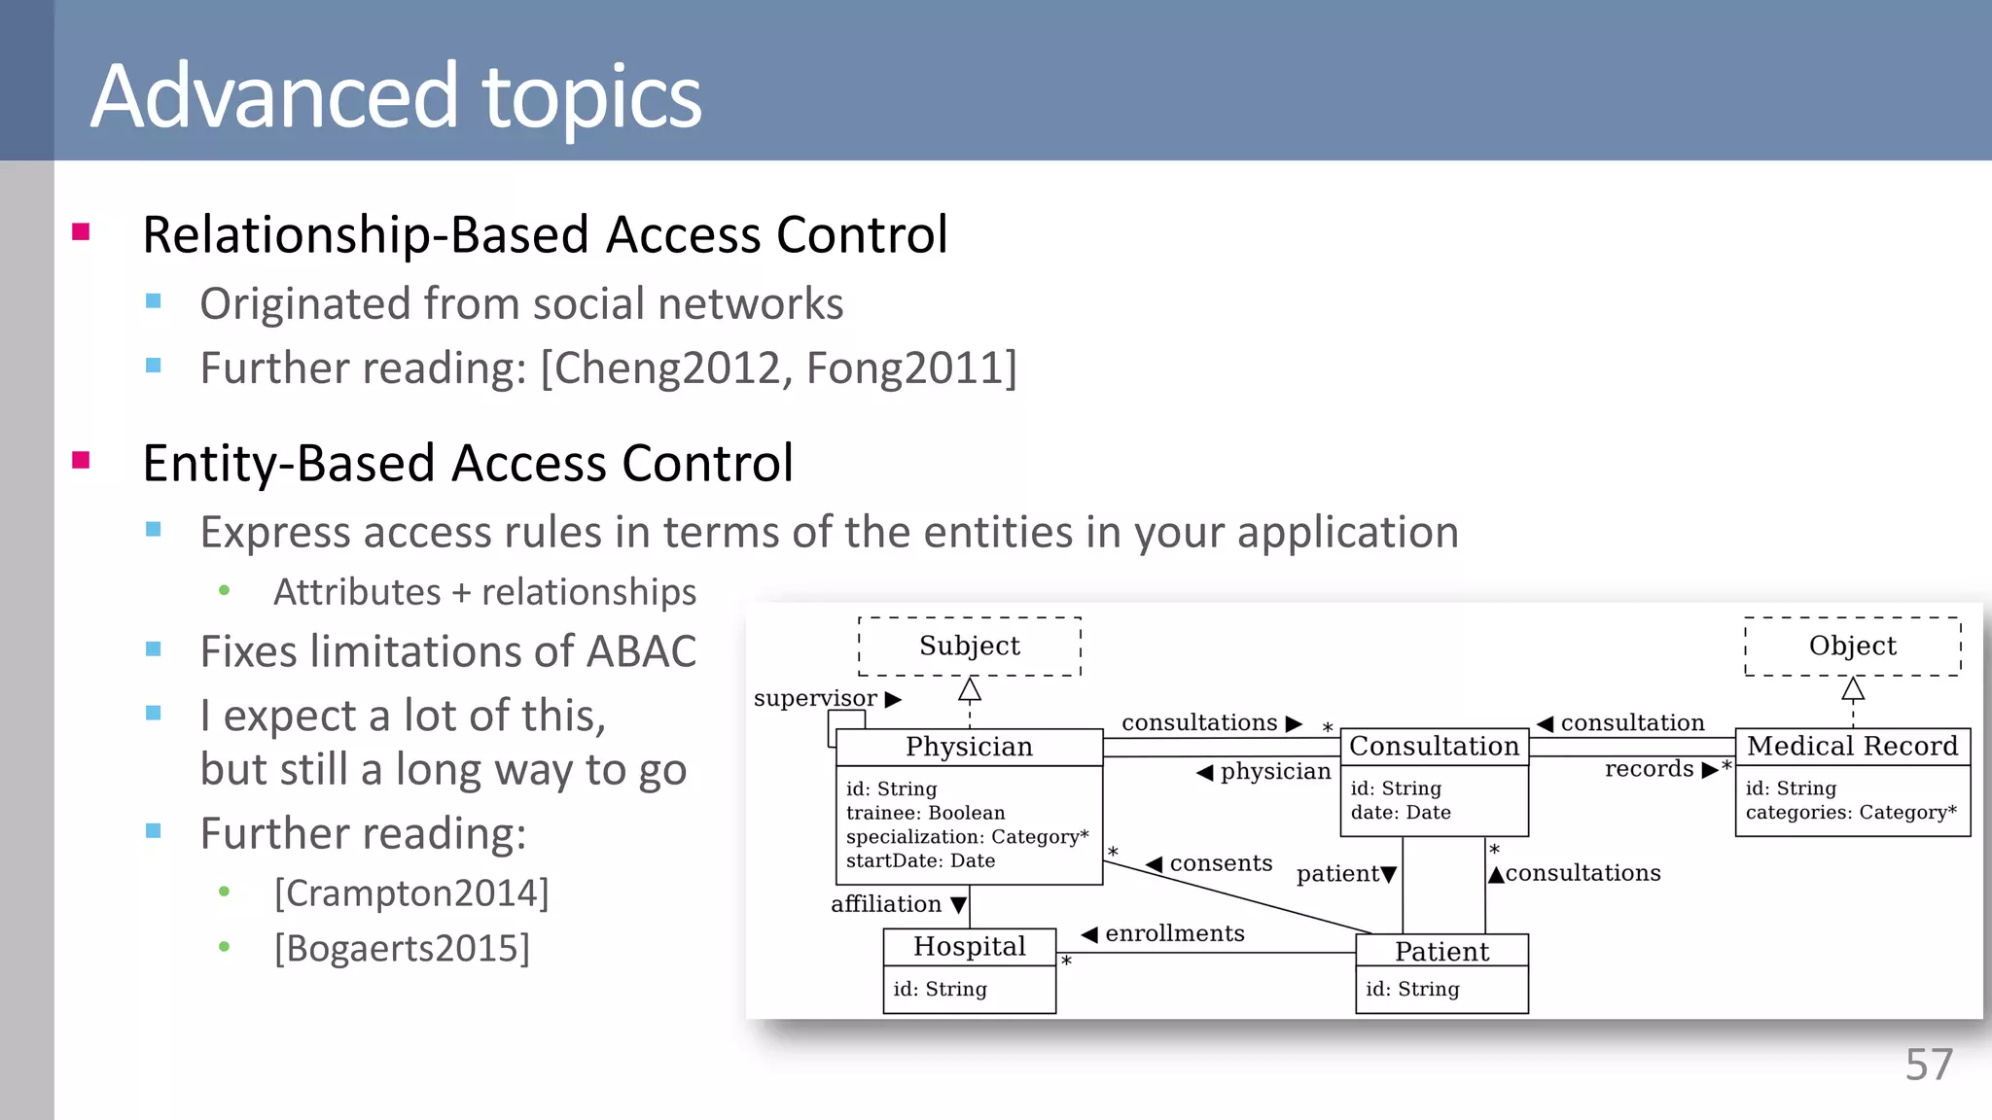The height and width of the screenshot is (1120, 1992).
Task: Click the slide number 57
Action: click(x=1928, y=1065)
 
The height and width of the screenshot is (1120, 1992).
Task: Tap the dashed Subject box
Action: click(x=969, y=646)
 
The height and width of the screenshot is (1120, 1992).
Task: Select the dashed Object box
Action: click(x=1852, y=646)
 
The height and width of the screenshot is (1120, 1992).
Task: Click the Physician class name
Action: click(x=969, y=747)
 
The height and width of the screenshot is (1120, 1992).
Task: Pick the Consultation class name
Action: click(x=1434, y=746)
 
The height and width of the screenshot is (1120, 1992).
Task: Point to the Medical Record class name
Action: click(x=1852, y=746)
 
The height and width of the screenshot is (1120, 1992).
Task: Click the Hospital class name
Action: click(x=969, y=946)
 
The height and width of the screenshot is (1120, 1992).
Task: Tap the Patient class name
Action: click(x=1441, y=952)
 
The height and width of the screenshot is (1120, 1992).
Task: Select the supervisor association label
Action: click(x=815, y=698)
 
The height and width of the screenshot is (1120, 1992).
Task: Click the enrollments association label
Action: click(x=1174, y=933)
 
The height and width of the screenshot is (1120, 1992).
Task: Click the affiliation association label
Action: click(x=886, y=904)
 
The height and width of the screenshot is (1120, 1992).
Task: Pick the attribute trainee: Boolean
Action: click(x=925, y=813)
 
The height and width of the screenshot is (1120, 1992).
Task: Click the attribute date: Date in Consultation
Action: click(x=1400, y=813)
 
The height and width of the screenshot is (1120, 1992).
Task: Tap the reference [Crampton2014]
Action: click(x=411, y=892)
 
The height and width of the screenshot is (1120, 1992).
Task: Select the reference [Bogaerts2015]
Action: click(x=402, y=948)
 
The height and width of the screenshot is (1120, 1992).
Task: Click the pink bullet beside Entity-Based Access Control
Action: click(x=81, y=460)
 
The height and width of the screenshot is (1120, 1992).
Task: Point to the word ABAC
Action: click(x=640, y=651)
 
